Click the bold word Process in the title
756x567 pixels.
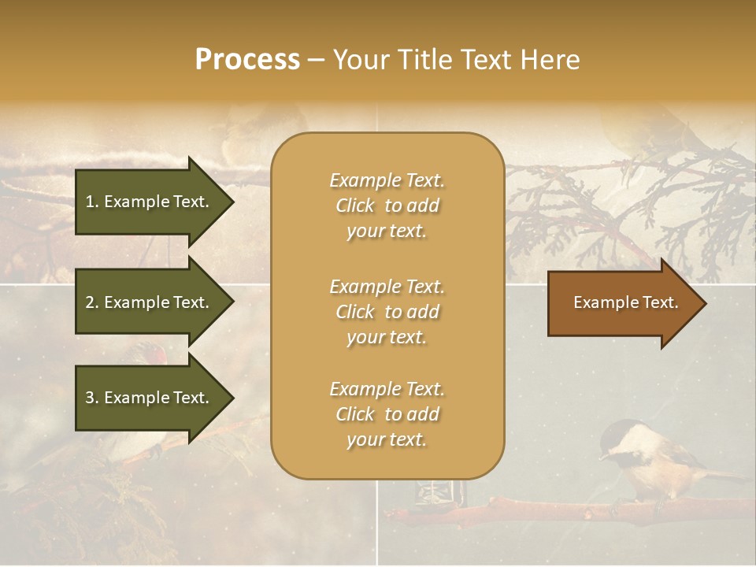247,60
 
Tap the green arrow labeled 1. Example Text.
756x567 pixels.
150,202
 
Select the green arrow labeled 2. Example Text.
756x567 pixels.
150,302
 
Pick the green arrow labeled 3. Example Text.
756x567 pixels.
150,398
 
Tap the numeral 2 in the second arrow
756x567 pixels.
90,302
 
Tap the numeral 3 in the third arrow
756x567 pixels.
90,398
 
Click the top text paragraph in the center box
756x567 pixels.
387,206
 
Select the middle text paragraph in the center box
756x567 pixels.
387,312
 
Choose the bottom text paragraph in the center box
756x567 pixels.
387,414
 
